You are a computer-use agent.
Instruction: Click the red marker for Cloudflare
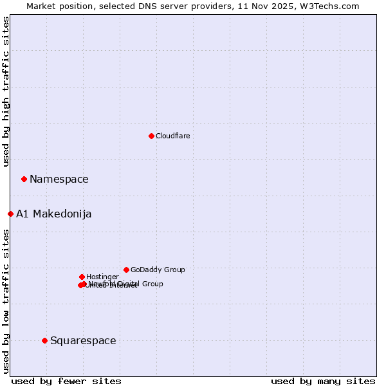click(151, 136)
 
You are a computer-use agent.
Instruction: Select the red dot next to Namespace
click(24, 179)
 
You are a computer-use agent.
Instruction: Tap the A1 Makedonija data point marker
click(10, 214)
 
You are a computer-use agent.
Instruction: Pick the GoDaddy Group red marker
click(126, 270)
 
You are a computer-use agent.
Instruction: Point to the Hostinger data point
click(82, 277)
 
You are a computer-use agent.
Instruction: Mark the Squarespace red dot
click(44, 340)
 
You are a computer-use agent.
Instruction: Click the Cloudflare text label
click(172, 136)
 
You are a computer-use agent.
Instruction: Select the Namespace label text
click(59, 179)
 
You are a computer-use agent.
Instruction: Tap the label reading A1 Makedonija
click(53, 214)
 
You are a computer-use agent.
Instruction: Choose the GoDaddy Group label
click(158, 270)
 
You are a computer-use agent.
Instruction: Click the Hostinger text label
click(102, 277)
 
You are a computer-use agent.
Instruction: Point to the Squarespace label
click(83, 340)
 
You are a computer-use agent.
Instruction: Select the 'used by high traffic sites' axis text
click(6, 91)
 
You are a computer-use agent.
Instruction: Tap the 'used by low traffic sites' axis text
click(6, 301)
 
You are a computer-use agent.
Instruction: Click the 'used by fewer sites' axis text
click(66, 381)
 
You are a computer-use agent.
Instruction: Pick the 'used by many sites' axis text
click(323, 381)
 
